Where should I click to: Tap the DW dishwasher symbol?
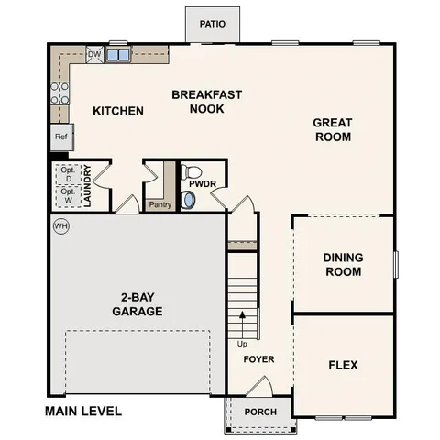(93, 55)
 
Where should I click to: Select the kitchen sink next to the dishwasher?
(116, 56)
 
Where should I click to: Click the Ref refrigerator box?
(61, 137)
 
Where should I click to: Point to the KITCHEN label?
(118, 111)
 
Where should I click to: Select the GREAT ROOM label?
(332, 129)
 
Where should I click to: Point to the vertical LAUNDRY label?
(87, 185)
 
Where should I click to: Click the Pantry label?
(159, 204)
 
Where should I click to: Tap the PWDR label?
(202, 184)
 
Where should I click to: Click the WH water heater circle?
(61, 225)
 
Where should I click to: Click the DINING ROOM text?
(342, 265)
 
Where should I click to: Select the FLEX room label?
(343, 365)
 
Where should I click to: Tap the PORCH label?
(260, 412)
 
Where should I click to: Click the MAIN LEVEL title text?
(82, 412)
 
